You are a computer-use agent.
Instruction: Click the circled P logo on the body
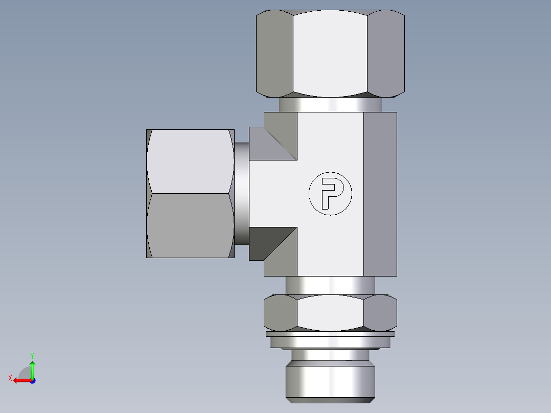tap(330, 193)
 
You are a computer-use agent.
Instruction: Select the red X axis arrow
tap(20, 380)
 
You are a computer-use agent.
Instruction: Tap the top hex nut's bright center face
tap(330, 54)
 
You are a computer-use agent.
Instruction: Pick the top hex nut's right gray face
tap(386, 54)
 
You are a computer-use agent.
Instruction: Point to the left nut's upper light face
tap(190, 161)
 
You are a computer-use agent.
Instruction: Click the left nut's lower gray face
tap(190, 225)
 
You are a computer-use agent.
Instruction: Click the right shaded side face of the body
tap(380, 194)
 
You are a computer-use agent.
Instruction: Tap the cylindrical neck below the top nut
tap(330, 105)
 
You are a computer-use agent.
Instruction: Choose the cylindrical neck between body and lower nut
tap(330, 285)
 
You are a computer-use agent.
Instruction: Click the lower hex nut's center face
tap(330, 312)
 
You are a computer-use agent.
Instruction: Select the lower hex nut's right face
tap(381, 312)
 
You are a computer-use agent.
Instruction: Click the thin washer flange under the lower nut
tap(330, 334)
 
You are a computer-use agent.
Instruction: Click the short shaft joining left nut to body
tap(242, 193)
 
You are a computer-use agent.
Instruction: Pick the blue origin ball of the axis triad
tap(32, 381)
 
